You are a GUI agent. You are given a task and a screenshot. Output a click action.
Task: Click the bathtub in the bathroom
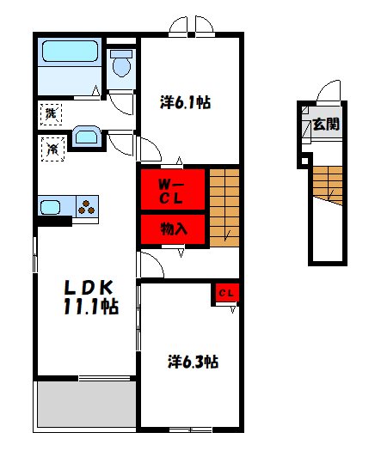point(70,51)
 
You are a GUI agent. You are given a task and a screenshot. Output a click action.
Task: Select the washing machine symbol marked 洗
point(51,114)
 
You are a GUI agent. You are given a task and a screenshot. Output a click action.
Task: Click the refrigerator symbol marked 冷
point(53,149)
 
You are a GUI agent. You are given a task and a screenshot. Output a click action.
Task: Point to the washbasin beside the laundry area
point(86,137)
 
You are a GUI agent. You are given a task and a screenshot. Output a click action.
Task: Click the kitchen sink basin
point(50,207)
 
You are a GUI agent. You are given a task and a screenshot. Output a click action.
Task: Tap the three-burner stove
point(87,206)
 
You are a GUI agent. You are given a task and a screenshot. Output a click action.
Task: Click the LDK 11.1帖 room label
point(90,297)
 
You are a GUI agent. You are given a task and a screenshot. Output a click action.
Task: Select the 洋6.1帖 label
point(186,102)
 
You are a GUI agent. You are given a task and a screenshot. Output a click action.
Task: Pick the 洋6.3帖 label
point(194,362)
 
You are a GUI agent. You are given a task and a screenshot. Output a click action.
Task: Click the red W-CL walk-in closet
point(173,189)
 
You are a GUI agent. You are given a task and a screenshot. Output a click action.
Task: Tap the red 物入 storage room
point(173,229)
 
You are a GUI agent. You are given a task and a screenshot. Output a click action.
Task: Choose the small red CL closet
point(227,293)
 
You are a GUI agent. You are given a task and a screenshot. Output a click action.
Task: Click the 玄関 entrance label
point(326,125)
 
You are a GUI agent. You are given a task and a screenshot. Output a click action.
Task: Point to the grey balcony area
point(87,404)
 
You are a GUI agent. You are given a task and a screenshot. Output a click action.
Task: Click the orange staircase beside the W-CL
point(224,208)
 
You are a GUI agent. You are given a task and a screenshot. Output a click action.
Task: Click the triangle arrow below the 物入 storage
point(181,253)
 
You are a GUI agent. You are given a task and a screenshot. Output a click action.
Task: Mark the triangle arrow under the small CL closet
point(233,309)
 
